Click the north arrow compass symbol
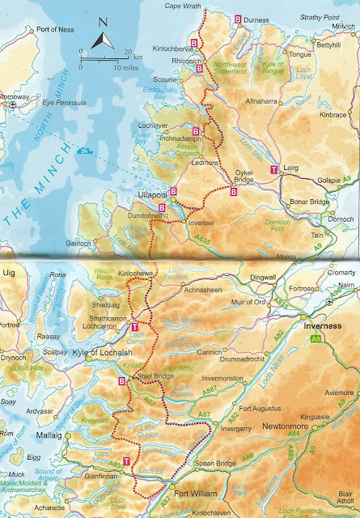click(100, 36)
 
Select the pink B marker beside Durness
click(238, 18)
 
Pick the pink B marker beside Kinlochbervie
click(195, 41)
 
